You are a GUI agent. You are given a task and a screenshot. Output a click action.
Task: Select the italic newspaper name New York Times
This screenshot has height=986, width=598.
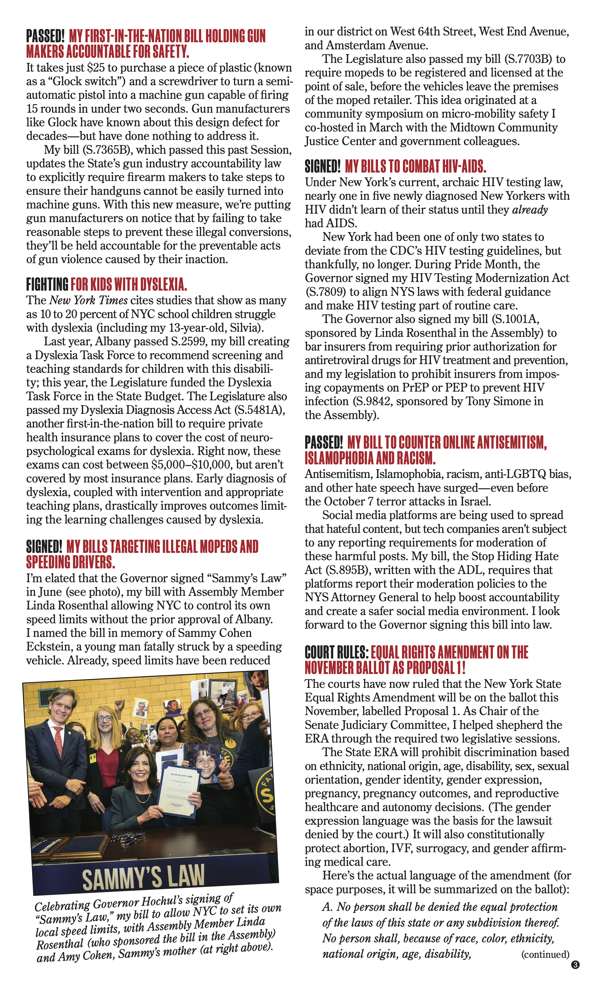pos(88,300)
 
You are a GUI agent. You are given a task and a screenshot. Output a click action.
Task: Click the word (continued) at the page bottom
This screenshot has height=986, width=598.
pos(545,954)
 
